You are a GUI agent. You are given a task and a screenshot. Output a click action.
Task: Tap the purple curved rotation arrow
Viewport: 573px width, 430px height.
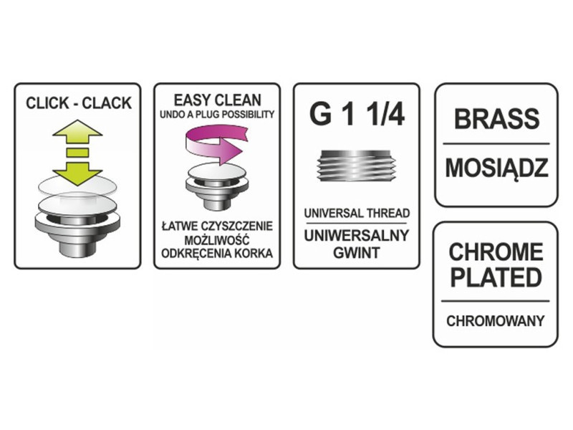click(x=216, y=144)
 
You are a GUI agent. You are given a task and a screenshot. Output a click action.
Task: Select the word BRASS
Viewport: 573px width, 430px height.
click(x=496, y=118)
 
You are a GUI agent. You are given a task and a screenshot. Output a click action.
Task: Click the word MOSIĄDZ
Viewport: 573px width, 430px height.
click(x=496, y=168)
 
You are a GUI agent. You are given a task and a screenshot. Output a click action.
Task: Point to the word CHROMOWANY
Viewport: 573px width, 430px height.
click(x=495, y=321)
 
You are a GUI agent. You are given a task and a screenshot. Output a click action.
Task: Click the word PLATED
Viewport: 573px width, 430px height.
click(x=496, y=277)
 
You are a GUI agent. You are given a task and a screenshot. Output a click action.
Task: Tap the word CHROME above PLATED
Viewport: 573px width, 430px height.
click(x=496, y=252)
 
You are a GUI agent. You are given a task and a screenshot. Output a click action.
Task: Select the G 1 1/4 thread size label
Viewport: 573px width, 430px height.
click(x=357, y=115)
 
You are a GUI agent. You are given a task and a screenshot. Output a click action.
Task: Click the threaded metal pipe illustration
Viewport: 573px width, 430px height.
click(x=356, y=166)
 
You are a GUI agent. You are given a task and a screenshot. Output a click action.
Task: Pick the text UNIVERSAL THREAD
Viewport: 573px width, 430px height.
click(x=357, y=213)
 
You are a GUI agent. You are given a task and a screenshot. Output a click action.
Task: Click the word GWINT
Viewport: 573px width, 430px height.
click(x=356, y=253)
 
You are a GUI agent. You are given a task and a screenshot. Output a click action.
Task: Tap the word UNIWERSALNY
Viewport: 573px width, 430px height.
click(x=356, y=236)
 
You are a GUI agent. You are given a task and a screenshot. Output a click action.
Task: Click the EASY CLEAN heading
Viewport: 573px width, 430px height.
click(x=218, y=100)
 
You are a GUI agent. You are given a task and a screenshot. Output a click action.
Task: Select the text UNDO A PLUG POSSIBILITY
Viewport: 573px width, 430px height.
click(x=217, y=115)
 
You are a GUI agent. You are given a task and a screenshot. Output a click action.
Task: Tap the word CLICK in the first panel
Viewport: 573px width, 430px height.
click(x=47, y=103)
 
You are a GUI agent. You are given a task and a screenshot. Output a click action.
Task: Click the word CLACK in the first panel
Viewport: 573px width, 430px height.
click(x=107, y=103)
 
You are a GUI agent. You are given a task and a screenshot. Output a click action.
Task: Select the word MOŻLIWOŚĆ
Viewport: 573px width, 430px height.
click(x=217, y=240)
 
